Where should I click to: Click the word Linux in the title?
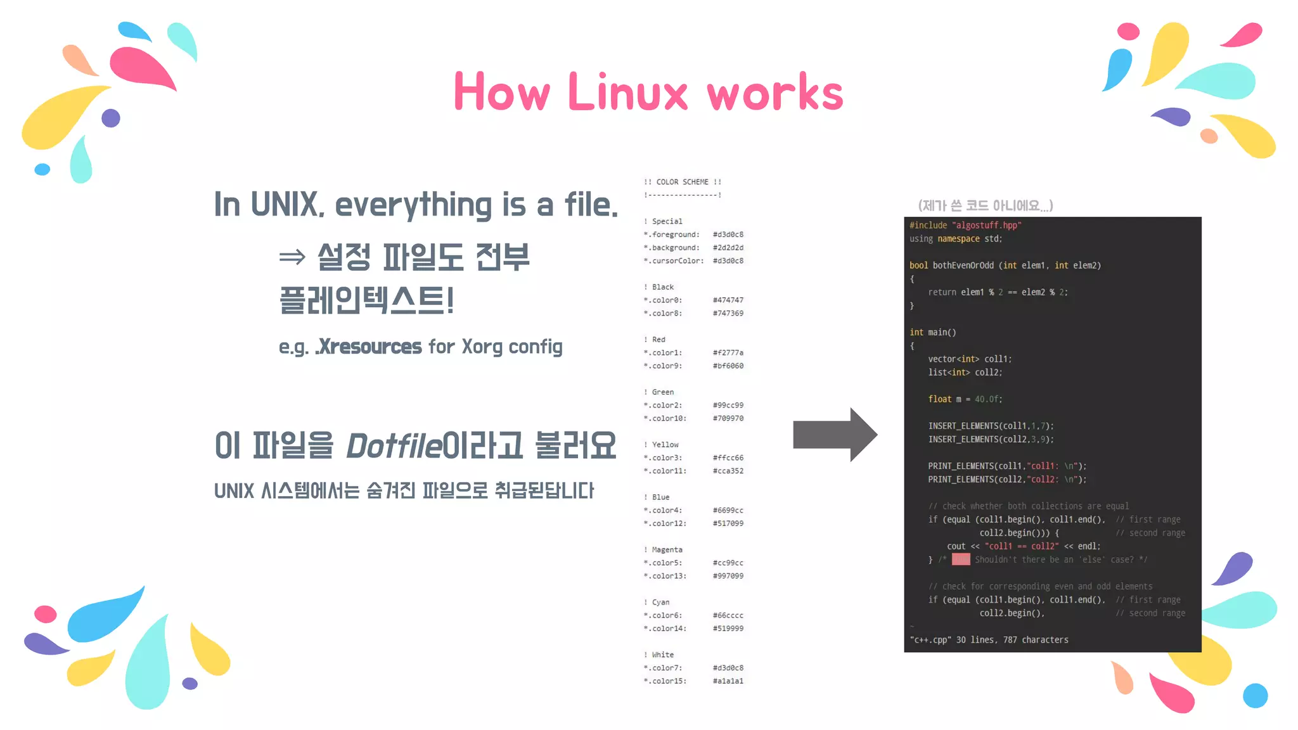click(627, 93)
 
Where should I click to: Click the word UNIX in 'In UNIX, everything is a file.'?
click(285, 205)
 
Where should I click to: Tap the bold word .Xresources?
click(369, 347)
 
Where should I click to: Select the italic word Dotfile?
click(394, 445)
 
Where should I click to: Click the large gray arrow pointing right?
click(834, 435)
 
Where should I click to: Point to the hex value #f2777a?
click(728, 353)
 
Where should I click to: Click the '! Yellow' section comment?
click(661, 445)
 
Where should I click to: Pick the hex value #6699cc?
click(728, 511)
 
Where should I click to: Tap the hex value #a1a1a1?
click(728, 681)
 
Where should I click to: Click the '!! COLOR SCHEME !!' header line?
click(682, 182)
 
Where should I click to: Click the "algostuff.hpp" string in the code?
click(986, 226)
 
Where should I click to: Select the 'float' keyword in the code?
click(939, 399)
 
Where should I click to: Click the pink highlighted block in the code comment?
click(961, 560)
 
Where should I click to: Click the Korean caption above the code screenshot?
click(985, 205)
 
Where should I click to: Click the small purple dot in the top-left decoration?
click(111, 118)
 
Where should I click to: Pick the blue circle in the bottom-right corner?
click(1255, 695)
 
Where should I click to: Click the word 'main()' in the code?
click(942, 333)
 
